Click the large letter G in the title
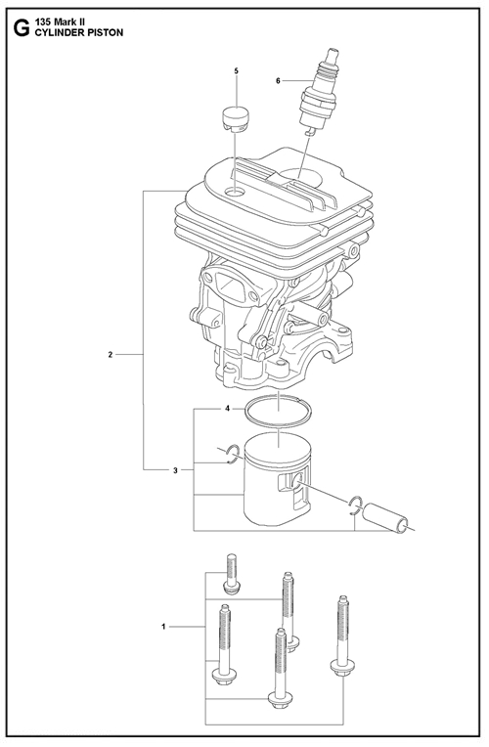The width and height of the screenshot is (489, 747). tap(21, 27)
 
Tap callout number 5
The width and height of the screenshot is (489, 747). tap(237, 71)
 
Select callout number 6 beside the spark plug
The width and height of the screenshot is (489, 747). tap(279, 81)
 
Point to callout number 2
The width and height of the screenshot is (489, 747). tap(111, 355)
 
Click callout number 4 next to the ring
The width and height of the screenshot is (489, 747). tap(228, 409)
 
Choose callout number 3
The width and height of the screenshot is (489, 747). tap(175, 470)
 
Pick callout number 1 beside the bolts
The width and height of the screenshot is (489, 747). tap(163, 627)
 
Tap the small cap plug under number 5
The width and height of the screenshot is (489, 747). tap(236, 120)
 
